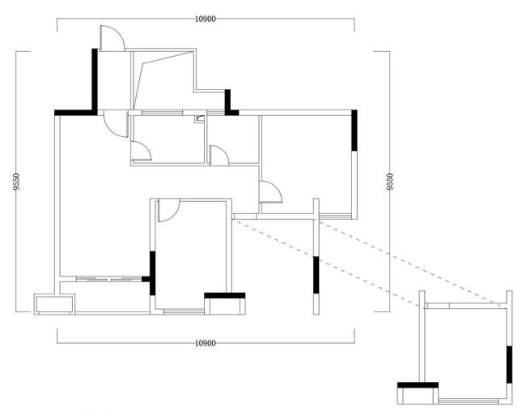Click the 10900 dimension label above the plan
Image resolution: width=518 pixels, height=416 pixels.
point(205,19)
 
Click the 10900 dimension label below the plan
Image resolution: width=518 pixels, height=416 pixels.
point(205,343)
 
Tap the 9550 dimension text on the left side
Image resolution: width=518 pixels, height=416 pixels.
point(16,182)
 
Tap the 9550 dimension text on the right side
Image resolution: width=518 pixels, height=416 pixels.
point(390,182)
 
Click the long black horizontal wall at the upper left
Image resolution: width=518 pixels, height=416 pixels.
point(74,113)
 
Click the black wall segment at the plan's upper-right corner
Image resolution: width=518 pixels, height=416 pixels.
point(355,131)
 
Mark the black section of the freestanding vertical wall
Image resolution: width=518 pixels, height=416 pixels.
point(316,275)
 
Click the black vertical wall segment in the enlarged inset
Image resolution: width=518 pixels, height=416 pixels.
point(509,365)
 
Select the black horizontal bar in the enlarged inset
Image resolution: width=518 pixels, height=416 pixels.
point(418,385)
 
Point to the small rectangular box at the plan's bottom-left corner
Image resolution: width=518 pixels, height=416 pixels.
point(54,304)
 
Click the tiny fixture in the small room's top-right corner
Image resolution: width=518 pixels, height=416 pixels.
point(200,119)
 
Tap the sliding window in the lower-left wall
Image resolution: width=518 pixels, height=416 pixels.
point(109,279)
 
